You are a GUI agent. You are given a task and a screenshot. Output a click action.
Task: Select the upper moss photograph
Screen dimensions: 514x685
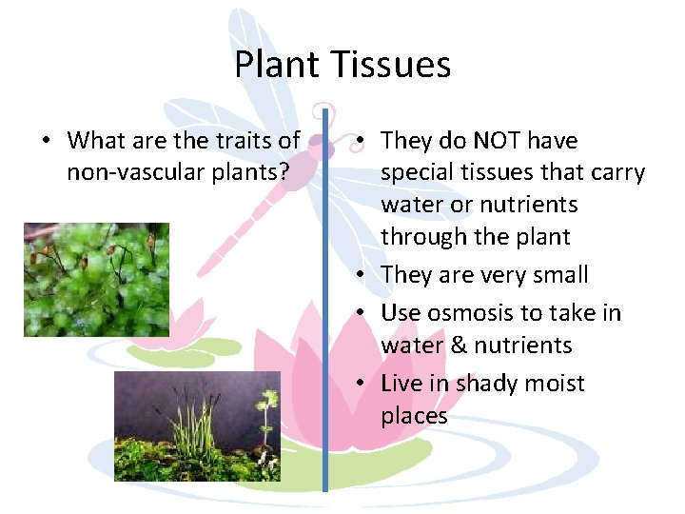pyautogui.click(x=96, y=280)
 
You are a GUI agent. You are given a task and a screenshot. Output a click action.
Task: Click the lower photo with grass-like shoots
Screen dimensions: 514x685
pyautogui.click(x=197, y=425)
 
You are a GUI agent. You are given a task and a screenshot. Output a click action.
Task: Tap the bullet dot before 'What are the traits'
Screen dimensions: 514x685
pyautogui.click(x=46, y=142)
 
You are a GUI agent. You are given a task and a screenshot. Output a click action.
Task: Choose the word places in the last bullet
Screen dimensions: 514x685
pyautogui.click(x=414, y=416)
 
